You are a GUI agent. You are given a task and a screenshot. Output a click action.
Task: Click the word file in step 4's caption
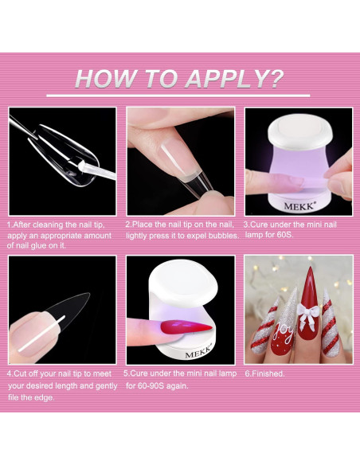[x=17, y=397]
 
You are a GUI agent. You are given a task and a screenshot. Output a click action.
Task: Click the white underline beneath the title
[x=180, y=96]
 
